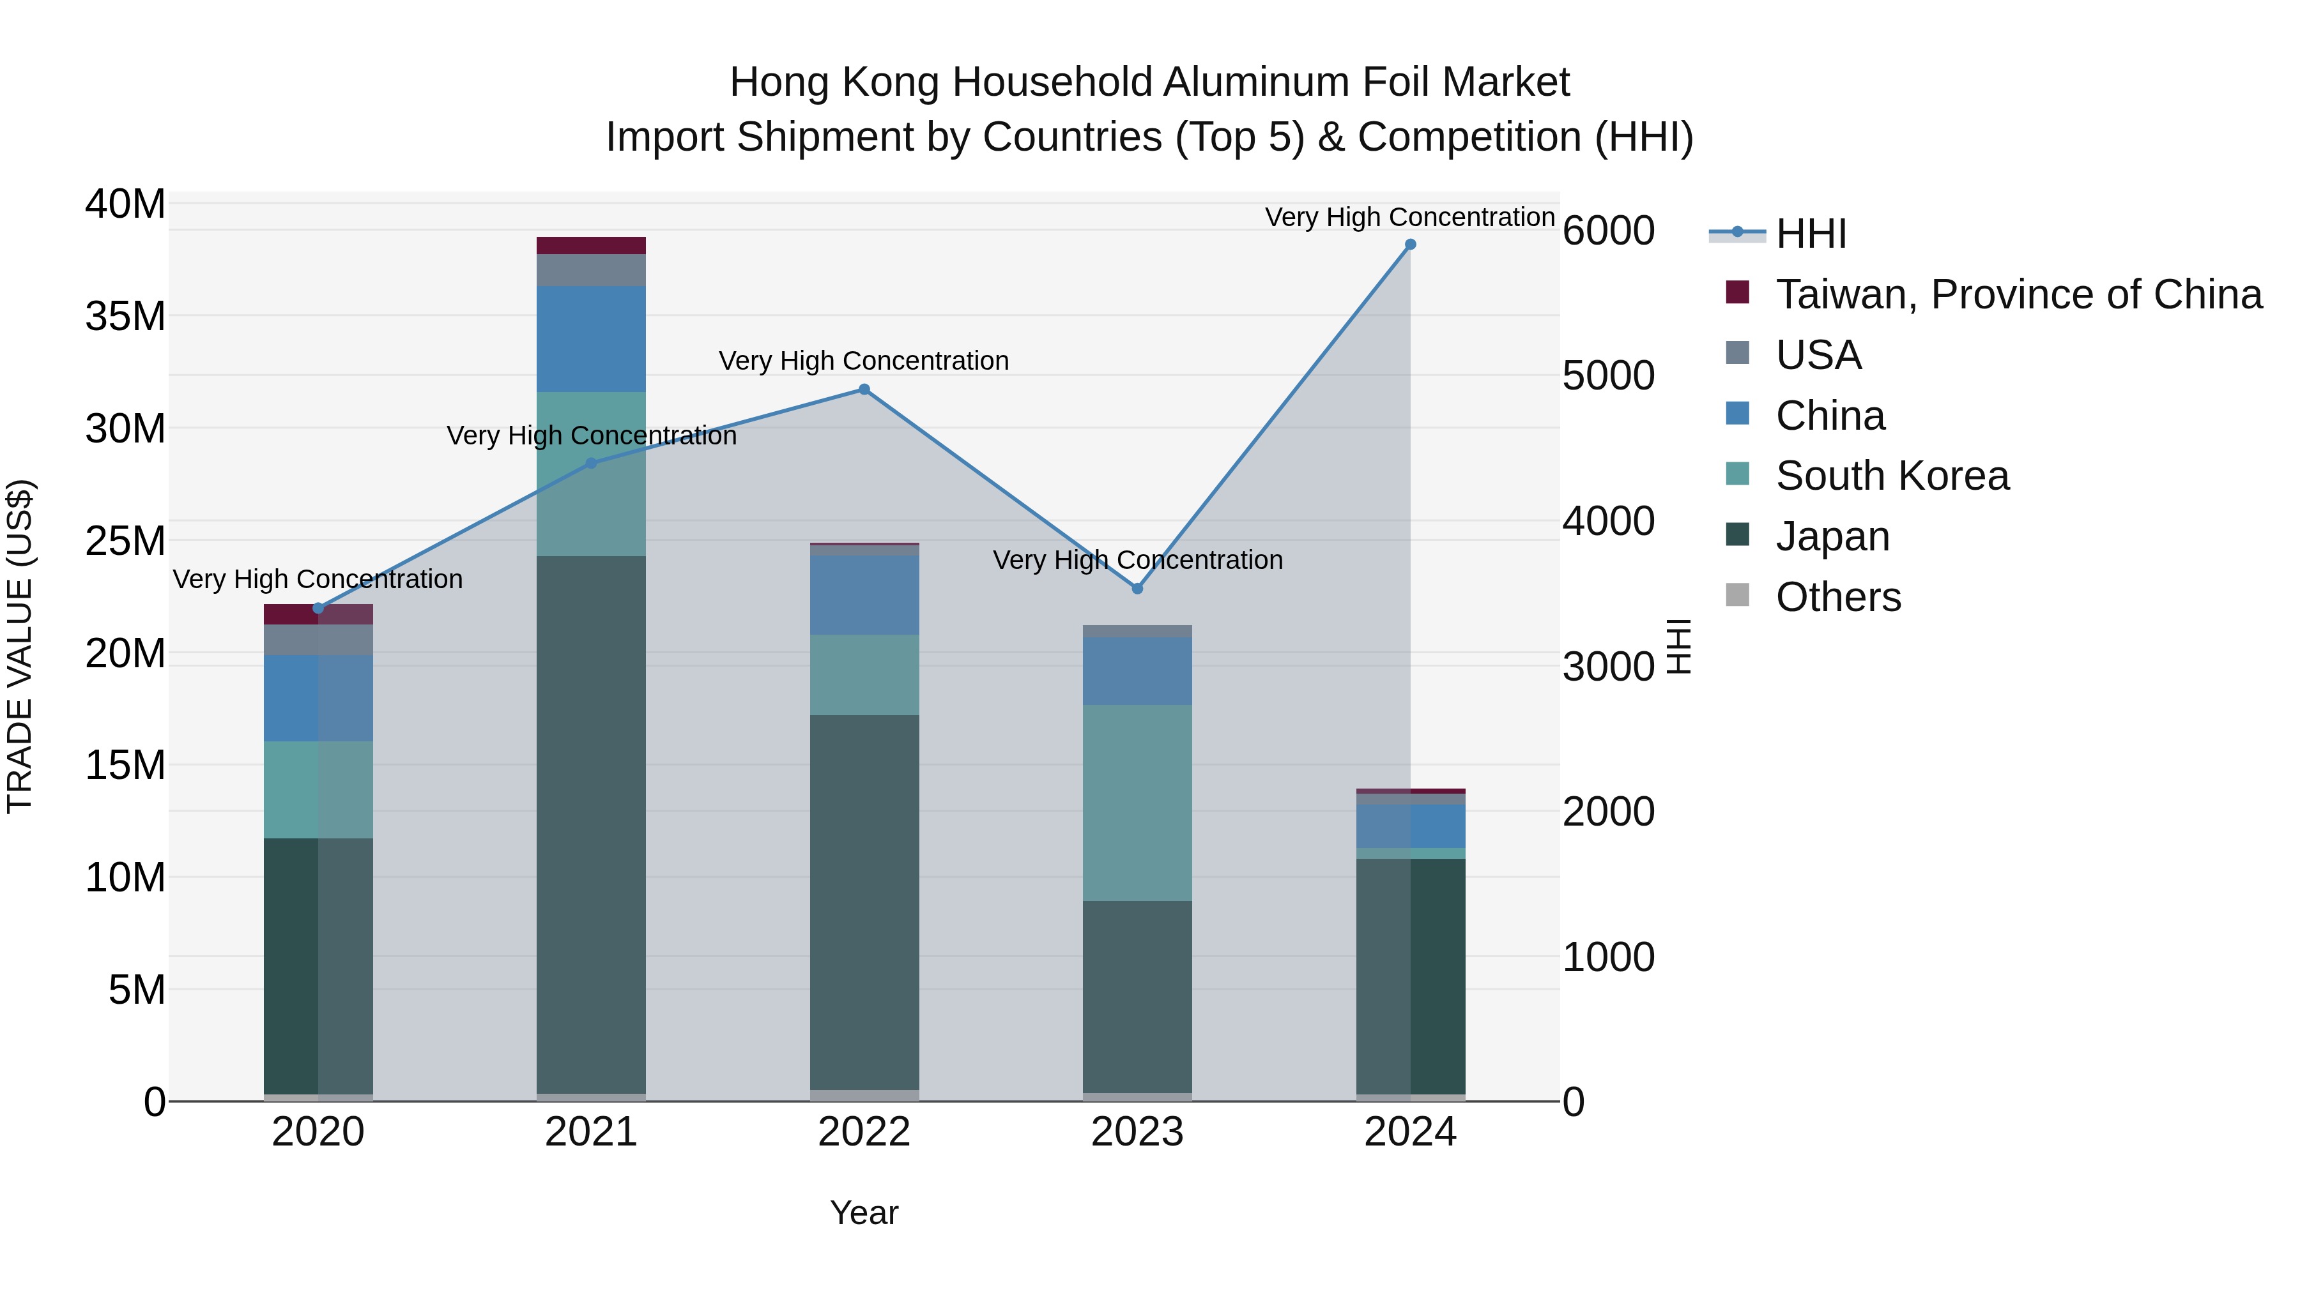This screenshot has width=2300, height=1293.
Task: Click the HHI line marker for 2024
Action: point(1410,245)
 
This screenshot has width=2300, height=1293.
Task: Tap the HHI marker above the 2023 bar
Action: point(1137,589)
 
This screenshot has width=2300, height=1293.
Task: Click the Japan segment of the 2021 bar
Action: point(591,821)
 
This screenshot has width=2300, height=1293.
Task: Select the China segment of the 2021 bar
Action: point(591,339)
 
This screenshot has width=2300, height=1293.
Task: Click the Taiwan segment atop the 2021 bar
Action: point(591,245)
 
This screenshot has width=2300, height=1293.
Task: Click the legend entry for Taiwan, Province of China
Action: point(2018,294)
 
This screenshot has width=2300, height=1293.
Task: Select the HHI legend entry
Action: point(1810,234)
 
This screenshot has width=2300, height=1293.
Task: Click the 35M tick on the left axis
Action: point(125,317)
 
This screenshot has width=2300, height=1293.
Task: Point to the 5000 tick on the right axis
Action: point(1608,375)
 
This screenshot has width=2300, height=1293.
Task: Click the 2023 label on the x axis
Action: point(1137,1132)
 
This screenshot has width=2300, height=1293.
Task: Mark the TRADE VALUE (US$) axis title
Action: point(20,646)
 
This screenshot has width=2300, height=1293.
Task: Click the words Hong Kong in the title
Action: point(835,82)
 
